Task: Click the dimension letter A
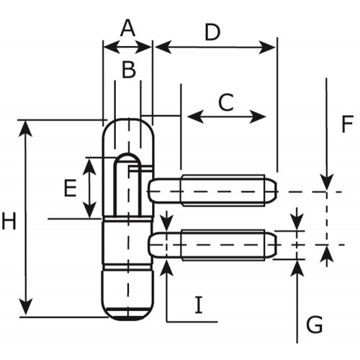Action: [x=127, y=28]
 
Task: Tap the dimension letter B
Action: [x=129, y=70]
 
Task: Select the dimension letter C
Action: [x=226, y=102]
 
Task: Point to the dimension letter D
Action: [x=212, y=32]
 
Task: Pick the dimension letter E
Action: [x=70, y=188]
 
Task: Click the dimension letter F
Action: [x=347, y=124]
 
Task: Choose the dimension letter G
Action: [x=315, y=325]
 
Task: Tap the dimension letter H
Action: [x=9, y=221]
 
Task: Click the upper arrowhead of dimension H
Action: [x=25, y=129]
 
